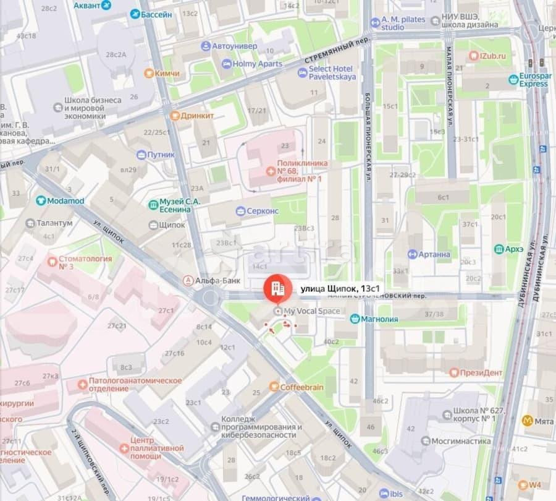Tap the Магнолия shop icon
(x=355, y=319)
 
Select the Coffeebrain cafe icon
(x=274, y=387)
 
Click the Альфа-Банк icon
(x=188, y=281)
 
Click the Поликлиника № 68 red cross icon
(x=270, y=171)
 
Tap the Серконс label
(x=263, y=211)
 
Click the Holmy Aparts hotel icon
(x=227, y=64)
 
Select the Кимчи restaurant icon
(x=149, y=74)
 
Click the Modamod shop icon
(x=41, y=200)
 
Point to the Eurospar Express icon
(x=513, y=79)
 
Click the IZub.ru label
(x=494, y=56)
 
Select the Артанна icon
(x=413, y=254)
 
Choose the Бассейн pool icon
(x=135, y=14)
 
